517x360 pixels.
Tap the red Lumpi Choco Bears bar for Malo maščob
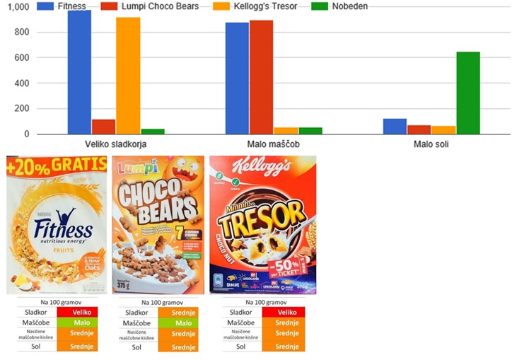261,77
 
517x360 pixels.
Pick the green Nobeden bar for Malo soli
468,93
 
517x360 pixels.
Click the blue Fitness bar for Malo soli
395,126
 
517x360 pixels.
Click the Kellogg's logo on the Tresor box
262,170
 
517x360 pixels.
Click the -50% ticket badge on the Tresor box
283,271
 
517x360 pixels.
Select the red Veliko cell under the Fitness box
83,312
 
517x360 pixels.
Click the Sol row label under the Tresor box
240,347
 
